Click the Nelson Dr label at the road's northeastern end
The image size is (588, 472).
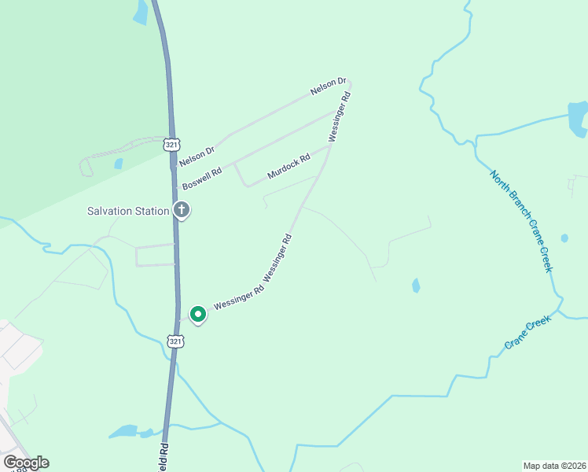click(328, 87)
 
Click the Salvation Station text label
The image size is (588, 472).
click(127, 211)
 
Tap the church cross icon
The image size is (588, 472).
click(182, 210)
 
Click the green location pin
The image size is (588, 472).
click(198, 315)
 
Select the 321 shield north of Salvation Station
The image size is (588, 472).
click(173, 145)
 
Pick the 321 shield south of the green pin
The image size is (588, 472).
click(175, 341)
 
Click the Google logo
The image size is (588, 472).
click(26, 463)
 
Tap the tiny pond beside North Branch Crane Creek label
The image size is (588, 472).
click(564, 238)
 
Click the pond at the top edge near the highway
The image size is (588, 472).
click(141, 11)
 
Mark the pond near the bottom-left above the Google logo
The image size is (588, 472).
click(126, 431)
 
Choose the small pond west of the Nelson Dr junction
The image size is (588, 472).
click(118, 164)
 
